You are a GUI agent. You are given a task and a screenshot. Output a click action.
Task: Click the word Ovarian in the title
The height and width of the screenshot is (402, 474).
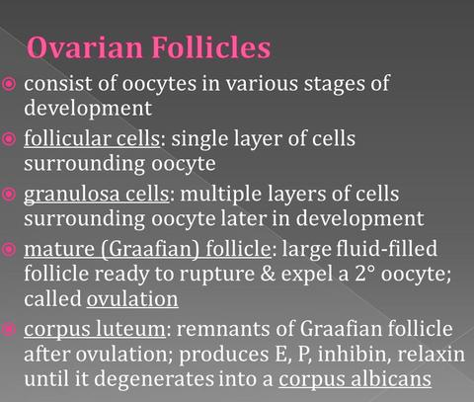pos(85,47)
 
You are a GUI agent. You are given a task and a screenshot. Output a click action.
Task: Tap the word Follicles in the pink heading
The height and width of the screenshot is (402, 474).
pos(211,47)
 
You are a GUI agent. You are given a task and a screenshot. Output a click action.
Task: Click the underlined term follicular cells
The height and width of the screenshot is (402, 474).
pos(92,138)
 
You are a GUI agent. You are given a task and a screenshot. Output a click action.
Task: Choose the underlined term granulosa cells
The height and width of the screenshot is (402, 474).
pos(97,195)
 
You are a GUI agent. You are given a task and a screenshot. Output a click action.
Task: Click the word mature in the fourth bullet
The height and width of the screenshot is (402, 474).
pos(59,250)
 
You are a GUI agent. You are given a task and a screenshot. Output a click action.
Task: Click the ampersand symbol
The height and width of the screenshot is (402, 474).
pos(268,274)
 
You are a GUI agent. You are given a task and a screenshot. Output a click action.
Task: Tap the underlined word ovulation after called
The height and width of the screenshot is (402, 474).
pos(132,299)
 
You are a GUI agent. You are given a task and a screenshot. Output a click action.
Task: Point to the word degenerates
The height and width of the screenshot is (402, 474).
pos(154,379)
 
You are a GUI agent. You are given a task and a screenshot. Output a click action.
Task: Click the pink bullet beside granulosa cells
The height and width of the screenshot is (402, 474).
pos(9,195)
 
